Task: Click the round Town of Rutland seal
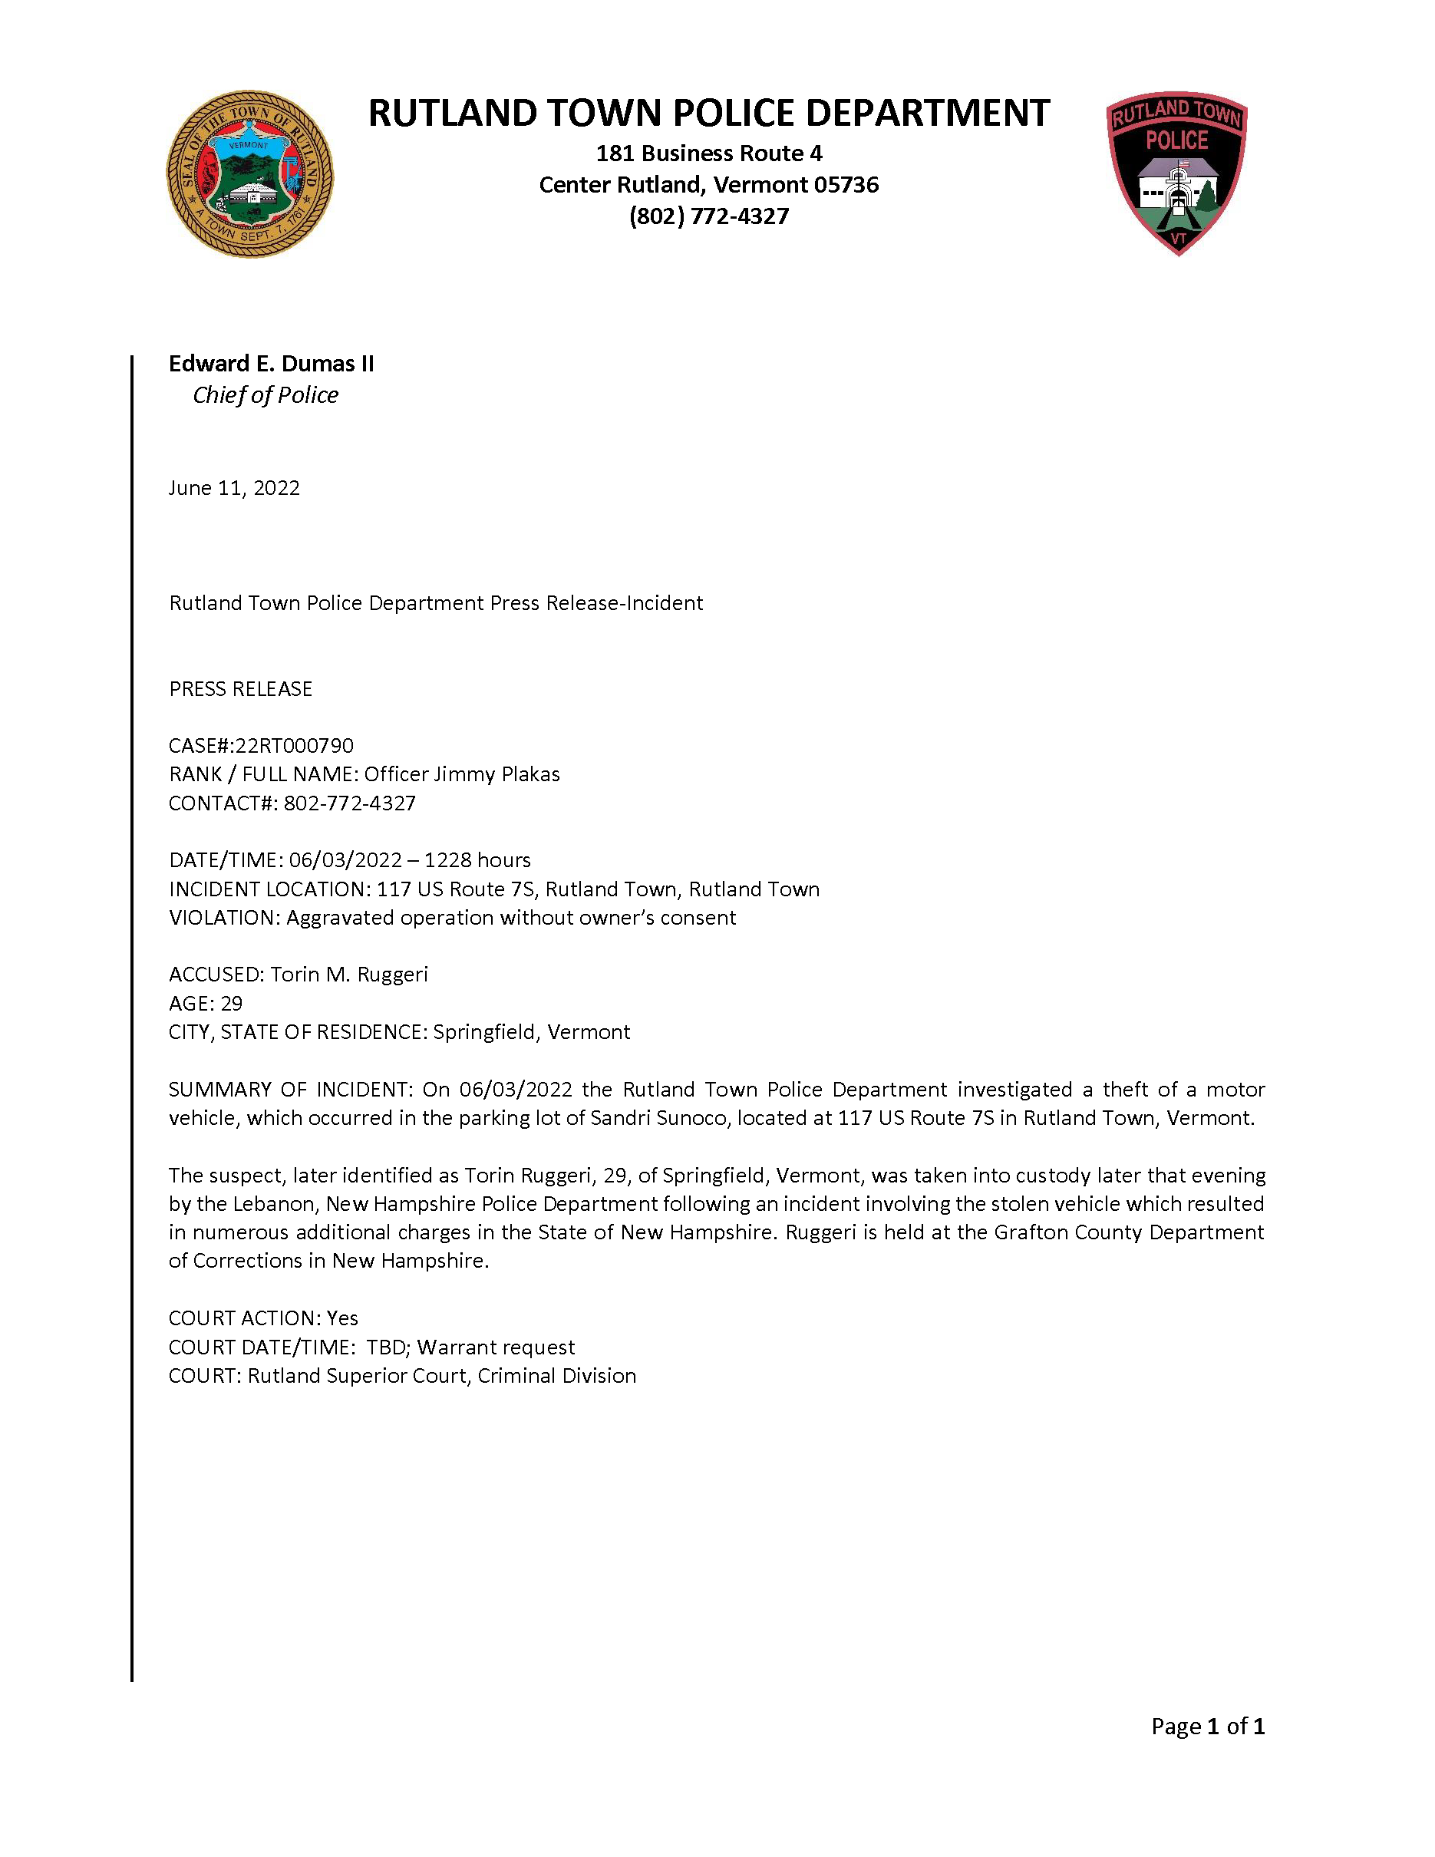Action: pos(250,174)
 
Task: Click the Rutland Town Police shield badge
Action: pos(1177,173)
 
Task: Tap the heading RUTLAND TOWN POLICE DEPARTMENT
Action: pos(709,113)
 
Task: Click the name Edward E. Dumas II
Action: pos(271,364)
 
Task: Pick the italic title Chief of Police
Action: pos(266,395)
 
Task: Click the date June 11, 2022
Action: pos(234,488)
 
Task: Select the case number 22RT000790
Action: pos(294,746)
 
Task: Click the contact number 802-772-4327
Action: pos(349,803)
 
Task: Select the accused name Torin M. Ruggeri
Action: pos(348,975)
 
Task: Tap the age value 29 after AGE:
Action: pos(231,1004)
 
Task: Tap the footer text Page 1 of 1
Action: pos(1207,1726)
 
